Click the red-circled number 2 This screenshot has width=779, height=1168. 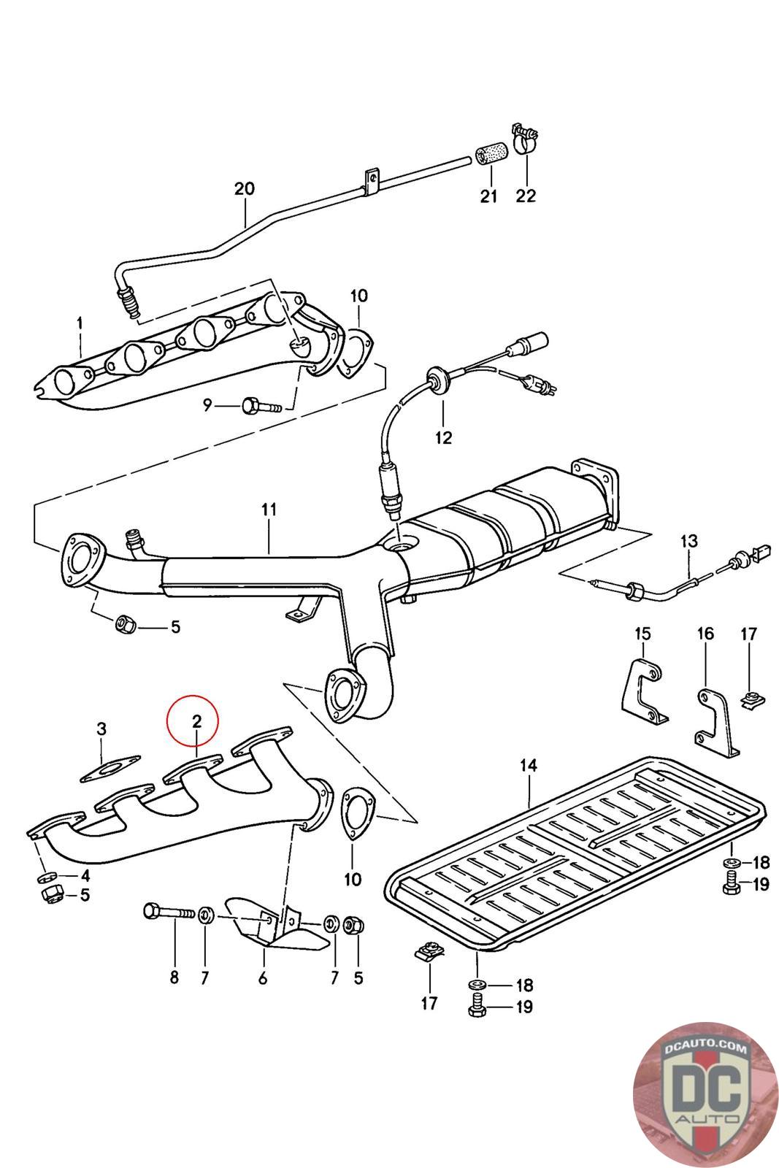click(x=196, y=722)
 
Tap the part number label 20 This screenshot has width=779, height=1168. click(x=245, y=189)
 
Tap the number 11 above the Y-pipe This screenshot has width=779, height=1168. click(x=269, y=510)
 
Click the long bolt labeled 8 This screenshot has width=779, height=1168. click(x=169, y=912)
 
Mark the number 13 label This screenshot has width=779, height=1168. click(x=688, y=541)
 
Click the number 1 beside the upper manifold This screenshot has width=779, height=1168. click(x=80, y=323)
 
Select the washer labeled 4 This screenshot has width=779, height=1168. click(x=45, y=876)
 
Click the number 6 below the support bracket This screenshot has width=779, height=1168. click(x=262, y=978)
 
